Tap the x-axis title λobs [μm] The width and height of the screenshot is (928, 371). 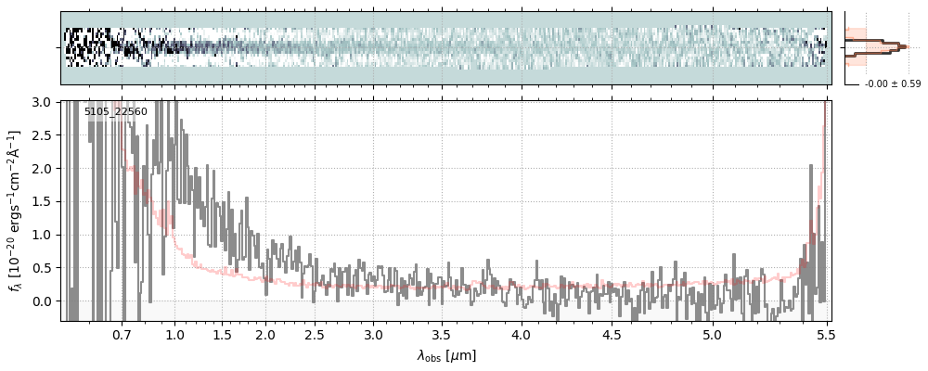[446, 355]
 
